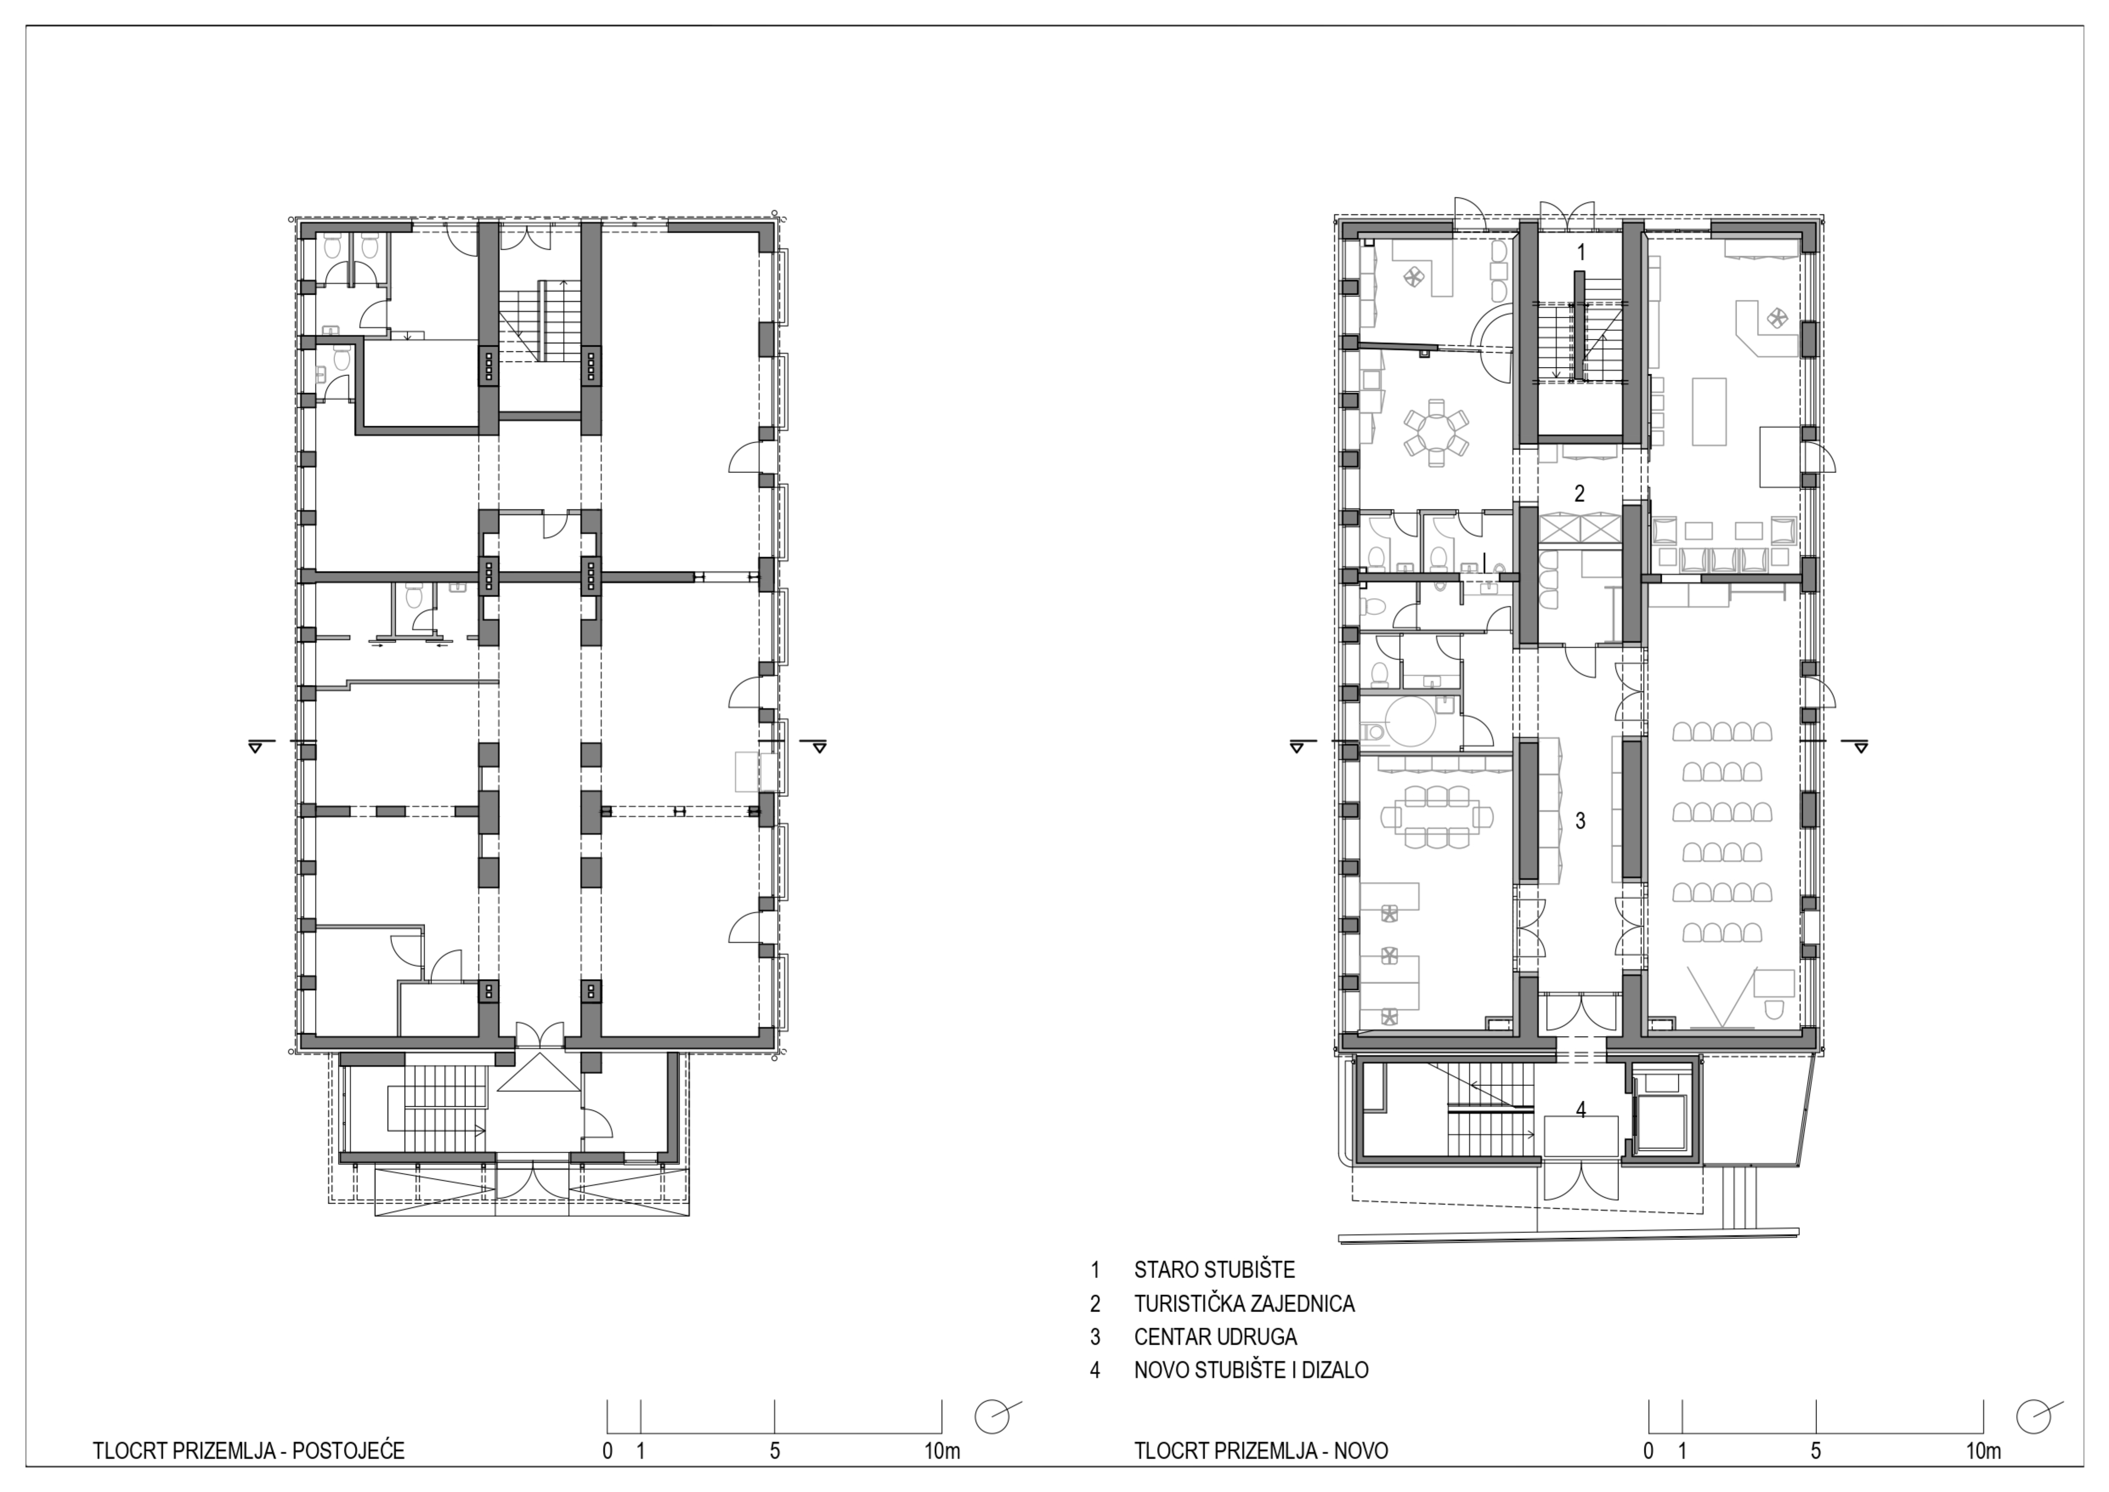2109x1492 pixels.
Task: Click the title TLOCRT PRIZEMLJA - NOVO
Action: coord(1261,1452)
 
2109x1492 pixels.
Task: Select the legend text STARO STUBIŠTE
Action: coord(1214,1270)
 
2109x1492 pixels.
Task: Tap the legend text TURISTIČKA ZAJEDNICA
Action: coord(1245,1304)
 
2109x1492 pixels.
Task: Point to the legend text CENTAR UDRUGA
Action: coord(1215,1337)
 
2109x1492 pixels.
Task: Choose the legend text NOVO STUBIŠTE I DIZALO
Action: coord(1251,1370)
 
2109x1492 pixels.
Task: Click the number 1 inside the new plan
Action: coord(1581,253)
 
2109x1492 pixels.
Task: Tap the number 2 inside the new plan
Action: coord(1580,493)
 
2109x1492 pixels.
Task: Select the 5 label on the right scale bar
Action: coord(1816,1452)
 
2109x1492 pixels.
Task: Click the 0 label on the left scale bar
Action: coord(607,1452)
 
